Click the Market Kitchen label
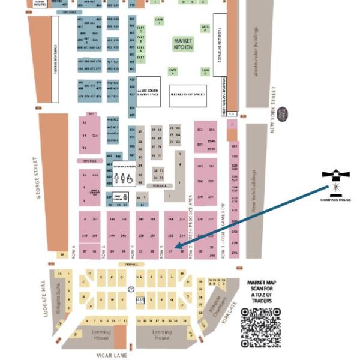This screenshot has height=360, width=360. (183, 43)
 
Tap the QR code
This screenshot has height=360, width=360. (261, 328)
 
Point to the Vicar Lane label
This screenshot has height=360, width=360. (112, 355)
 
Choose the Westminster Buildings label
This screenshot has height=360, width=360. (256, 52)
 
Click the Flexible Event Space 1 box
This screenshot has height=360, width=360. (187, 95)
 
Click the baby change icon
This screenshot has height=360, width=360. (118, 196)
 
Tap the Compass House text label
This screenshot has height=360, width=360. (335, 199)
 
